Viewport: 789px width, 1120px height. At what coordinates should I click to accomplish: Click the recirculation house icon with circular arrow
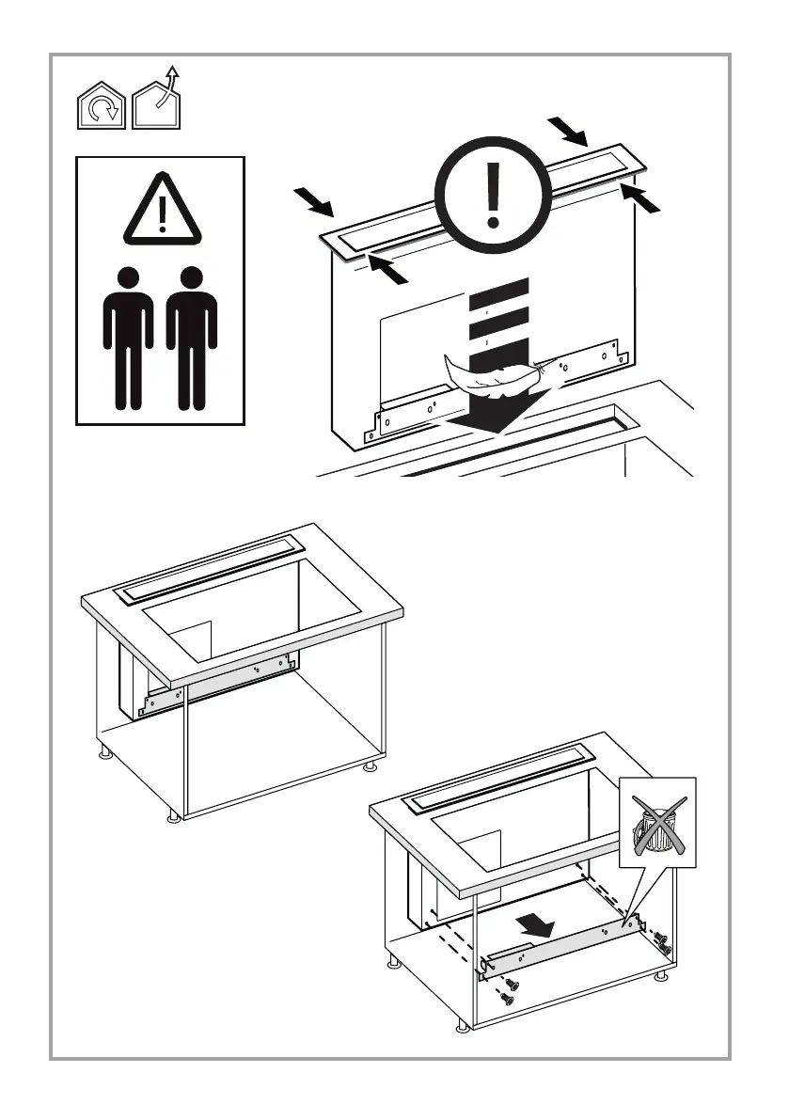click(101, 105)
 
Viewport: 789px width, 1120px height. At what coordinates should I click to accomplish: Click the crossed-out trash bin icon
click(657, 823)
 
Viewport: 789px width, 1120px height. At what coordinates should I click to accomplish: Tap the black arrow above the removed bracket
click(535, 927)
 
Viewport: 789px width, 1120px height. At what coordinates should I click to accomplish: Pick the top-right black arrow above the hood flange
click(570, 133)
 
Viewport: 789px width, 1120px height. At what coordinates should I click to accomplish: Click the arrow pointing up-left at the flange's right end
click(639, 198)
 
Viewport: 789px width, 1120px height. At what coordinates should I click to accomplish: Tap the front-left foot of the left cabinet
click(173, 815)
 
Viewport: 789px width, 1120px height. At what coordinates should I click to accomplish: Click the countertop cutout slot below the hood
click(527, 442)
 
